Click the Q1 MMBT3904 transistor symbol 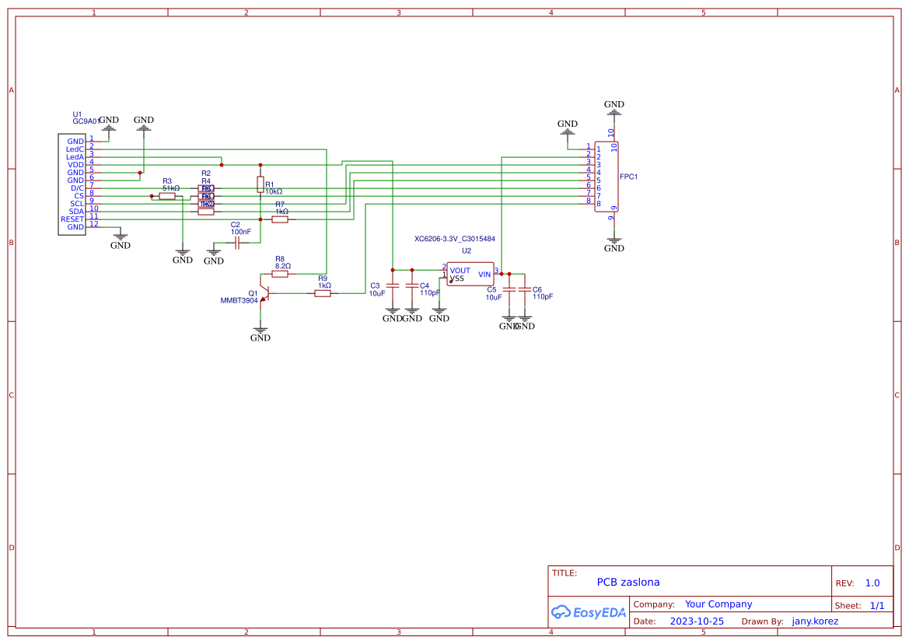pos(264,293)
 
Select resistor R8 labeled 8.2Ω pos(280,274)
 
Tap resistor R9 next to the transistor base pos(323,293)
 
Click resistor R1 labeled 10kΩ pos(260,184)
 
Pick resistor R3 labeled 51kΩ pos(167,196)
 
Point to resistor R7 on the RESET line pos(280,219)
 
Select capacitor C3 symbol pos(393,285)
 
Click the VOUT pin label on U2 pos(460,271)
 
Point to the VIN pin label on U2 pos(484,274)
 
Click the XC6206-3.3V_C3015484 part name pos(455,239)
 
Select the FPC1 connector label pos(628,177)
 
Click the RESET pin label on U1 pos(72,219)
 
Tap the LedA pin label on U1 pos(75,157)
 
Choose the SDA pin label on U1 pos(76,212)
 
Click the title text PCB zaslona pos(628,582)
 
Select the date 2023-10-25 pos(697,621)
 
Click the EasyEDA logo pos(589,612)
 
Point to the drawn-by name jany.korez pos(815,621)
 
